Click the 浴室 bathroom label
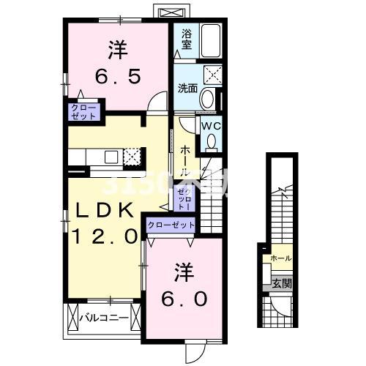(x=186, y=39)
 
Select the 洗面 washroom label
(x=188, y=88)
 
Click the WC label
(x=210, y=125)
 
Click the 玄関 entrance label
(x=282, y=283)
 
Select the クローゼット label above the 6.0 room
(x=171, y=225)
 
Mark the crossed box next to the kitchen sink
(x=132, y=156)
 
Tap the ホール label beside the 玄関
(x=281, y=258)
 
